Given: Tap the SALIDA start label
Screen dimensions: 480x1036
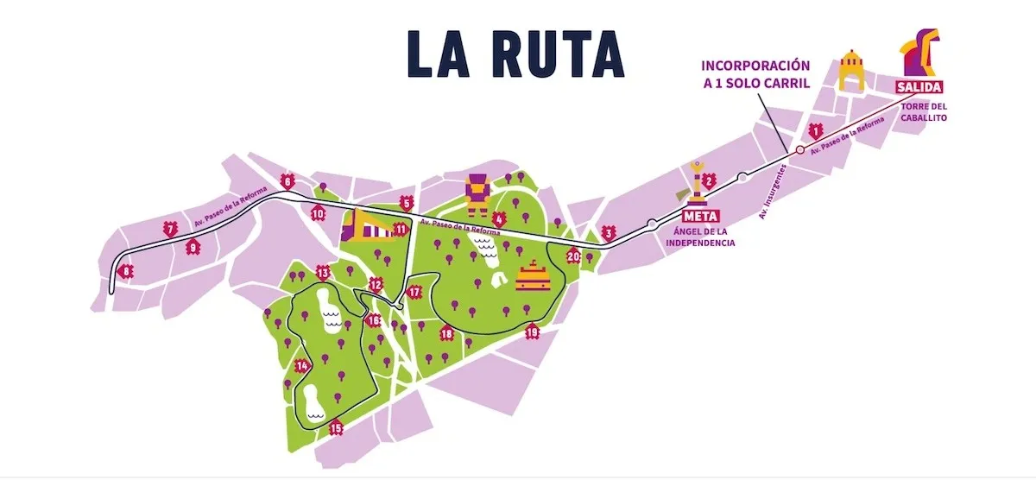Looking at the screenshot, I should (x=919, y=86).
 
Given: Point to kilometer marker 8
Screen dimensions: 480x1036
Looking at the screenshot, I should (x=128, y=272).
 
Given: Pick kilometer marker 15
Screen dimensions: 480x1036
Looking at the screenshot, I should (x=336, y=427).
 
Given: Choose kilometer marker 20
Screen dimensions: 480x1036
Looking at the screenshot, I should (x=573, y=256).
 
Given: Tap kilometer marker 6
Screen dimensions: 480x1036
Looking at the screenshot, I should (x=287, y=182).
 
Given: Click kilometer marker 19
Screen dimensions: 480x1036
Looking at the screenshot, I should (x=533, y=332).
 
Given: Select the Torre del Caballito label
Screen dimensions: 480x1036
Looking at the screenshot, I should (x=924, y=112).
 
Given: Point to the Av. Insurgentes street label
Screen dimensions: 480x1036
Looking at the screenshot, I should (x=774, y=191).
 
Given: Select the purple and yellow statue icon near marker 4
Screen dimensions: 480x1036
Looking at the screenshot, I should (x=477, y=193).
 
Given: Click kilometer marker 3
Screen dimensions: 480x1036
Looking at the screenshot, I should (x=609, y=233).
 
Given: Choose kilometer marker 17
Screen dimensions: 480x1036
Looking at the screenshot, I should (x=414, y=292).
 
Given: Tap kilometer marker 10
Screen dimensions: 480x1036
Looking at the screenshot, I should (x=318, y=214).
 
